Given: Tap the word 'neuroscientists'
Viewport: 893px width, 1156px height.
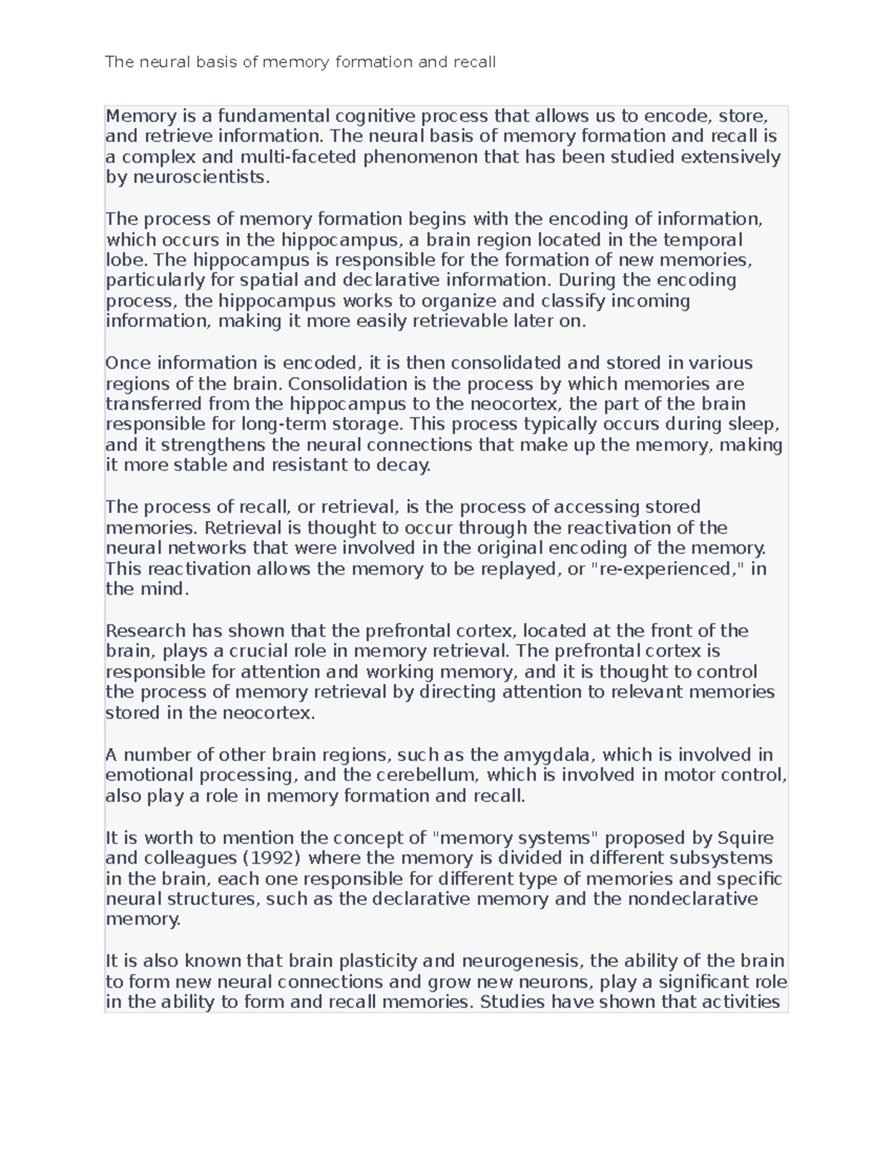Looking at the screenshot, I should pyautogui.click(x=198, y=177).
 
